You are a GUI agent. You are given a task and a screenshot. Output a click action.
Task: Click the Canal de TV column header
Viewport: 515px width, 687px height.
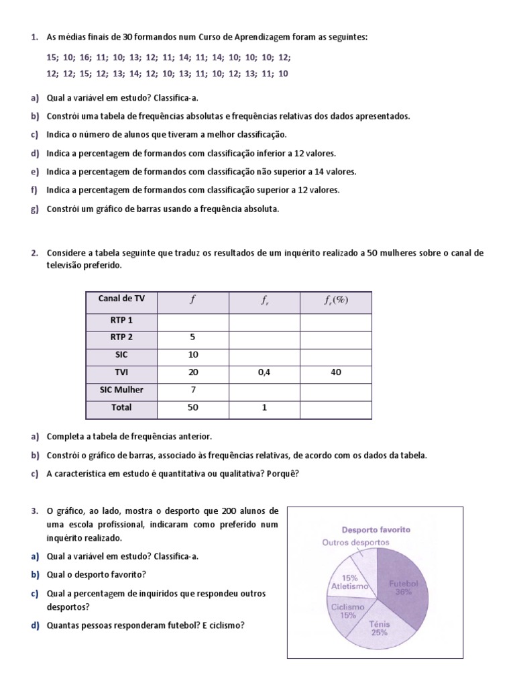pos(121,299)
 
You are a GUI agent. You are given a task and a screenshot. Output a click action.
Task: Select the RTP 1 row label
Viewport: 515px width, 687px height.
pos(121,320)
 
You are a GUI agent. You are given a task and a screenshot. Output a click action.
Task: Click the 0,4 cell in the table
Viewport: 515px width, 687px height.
pos(264,372)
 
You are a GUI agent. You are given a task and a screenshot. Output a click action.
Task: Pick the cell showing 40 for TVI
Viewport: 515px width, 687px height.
pos(336,372)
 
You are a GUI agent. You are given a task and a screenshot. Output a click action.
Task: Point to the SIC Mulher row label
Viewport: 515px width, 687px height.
pos(121,389)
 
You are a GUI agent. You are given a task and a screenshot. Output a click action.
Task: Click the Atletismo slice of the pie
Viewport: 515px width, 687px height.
pos(349,581)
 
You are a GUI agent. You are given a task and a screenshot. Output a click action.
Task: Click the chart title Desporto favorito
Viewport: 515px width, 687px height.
pos(376,529)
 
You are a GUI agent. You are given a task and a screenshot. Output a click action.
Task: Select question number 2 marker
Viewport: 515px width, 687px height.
pos(34,253)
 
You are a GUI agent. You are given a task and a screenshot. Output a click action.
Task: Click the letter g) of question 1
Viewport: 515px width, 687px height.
pos(34,209)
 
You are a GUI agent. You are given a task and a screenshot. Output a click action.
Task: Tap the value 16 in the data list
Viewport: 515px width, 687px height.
pos(82,58)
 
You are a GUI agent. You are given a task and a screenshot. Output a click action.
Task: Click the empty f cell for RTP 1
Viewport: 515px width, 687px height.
pos(192,320)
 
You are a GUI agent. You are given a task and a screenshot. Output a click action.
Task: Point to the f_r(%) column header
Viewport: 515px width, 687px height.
pos(336,301)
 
